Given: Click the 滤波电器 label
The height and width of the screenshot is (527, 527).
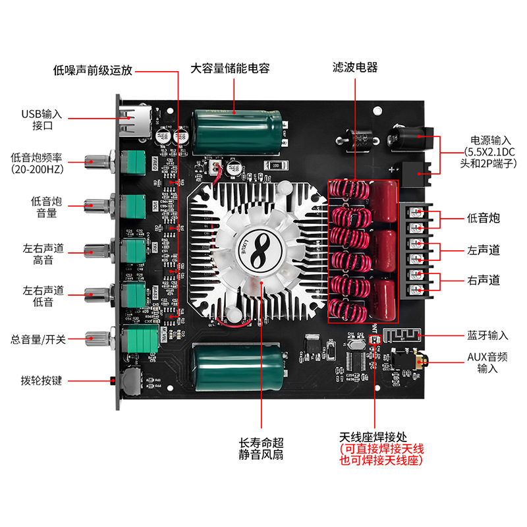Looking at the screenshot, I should (355, 67).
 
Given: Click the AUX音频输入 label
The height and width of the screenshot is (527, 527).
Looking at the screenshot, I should (484, 363).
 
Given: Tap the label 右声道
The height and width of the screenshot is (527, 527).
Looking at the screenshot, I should (483, 281).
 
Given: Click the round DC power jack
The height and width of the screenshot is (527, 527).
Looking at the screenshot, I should (403, 139).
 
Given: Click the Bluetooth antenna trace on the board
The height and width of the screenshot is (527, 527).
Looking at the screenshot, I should (400, 335).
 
